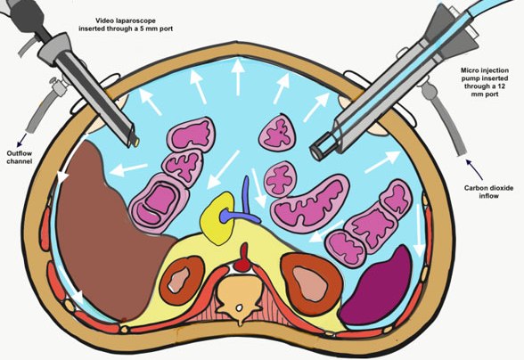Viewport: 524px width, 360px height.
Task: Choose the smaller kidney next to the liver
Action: [x=182, y=280]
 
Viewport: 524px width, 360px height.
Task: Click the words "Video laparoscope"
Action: [x=126, y=21]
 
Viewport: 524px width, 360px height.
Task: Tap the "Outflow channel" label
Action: [x=20, y=157]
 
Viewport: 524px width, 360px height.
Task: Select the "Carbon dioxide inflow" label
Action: [x=488, y=192]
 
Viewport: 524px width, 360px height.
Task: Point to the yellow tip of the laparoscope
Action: [x=136, y=143]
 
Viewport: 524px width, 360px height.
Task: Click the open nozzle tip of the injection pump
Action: [x=315, y=152]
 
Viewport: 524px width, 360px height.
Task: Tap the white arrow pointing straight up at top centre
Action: [x=238, y=77]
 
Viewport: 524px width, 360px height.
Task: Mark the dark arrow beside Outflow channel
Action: [x=22, y=140]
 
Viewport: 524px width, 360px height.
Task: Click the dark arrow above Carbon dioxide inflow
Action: [x=474, y=169]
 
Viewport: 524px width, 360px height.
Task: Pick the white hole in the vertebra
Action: [x=239, y=307]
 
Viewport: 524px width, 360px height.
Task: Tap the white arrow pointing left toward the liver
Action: [x=128, y=169]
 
